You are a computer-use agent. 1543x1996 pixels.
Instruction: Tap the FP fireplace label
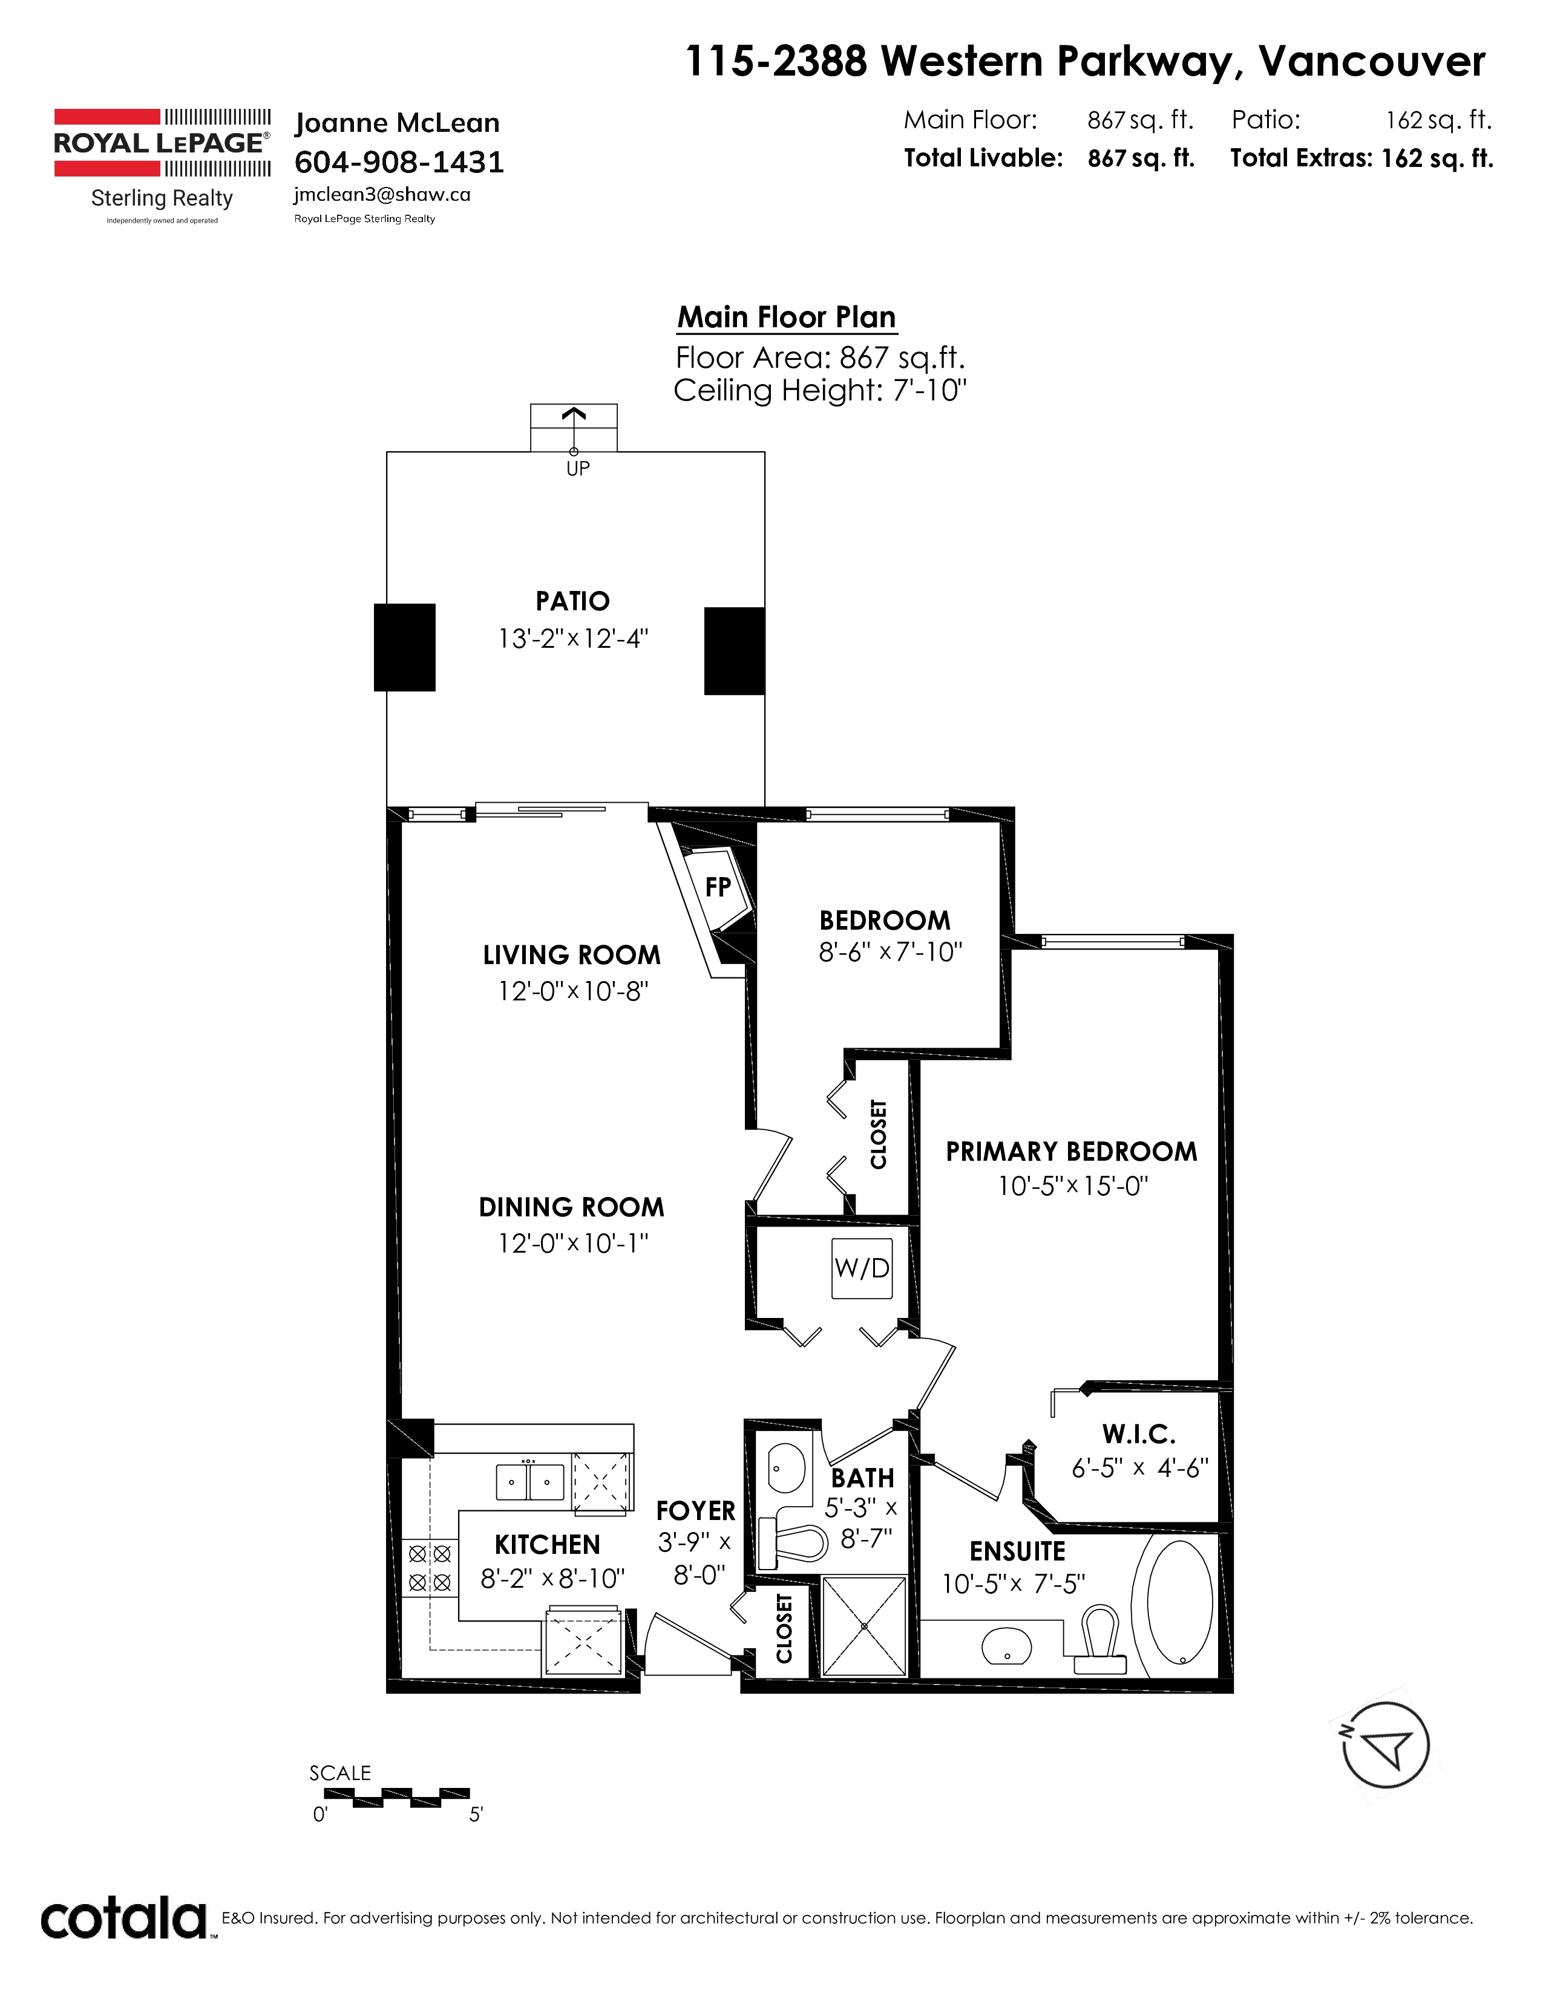(x=718, y=887)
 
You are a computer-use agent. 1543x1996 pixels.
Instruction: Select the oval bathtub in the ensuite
(x=1179, y=1603)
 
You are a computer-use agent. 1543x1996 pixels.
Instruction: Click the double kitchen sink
(x=529, y=1481)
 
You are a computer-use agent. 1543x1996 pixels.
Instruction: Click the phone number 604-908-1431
(x=399, y=161)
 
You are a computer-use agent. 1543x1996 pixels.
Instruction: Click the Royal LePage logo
(x=162, y=165)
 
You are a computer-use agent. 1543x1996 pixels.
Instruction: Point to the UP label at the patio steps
(x=578, y=469)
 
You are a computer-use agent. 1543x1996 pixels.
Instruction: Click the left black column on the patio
(x=404, y=647)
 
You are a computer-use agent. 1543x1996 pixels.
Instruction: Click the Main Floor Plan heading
(x=786, y=317)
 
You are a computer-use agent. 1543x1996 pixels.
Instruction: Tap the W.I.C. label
(x=1139, y=1434)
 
